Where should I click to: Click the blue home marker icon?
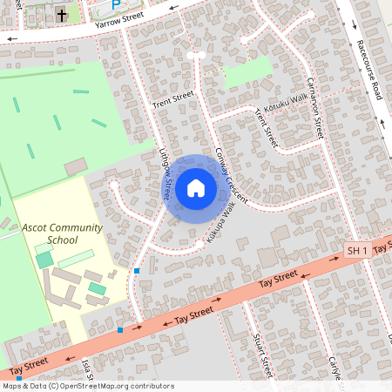[x=196, y=187]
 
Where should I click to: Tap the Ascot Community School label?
[x=62, y=233]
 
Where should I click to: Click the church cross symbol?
[x=63, y=15]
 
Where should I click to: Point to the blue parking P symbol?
[x=115, y=4]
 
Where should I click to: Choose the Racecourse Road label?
[x=368, y=69]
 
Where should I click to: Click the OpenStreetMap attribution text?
[x=87, y=386]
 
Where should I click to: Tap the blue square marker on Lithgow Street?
[x=137, y=271]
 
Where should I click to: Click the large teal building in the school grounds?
[x=44, y=259]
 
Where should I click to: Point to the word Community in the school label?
[x=75, y=227]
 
